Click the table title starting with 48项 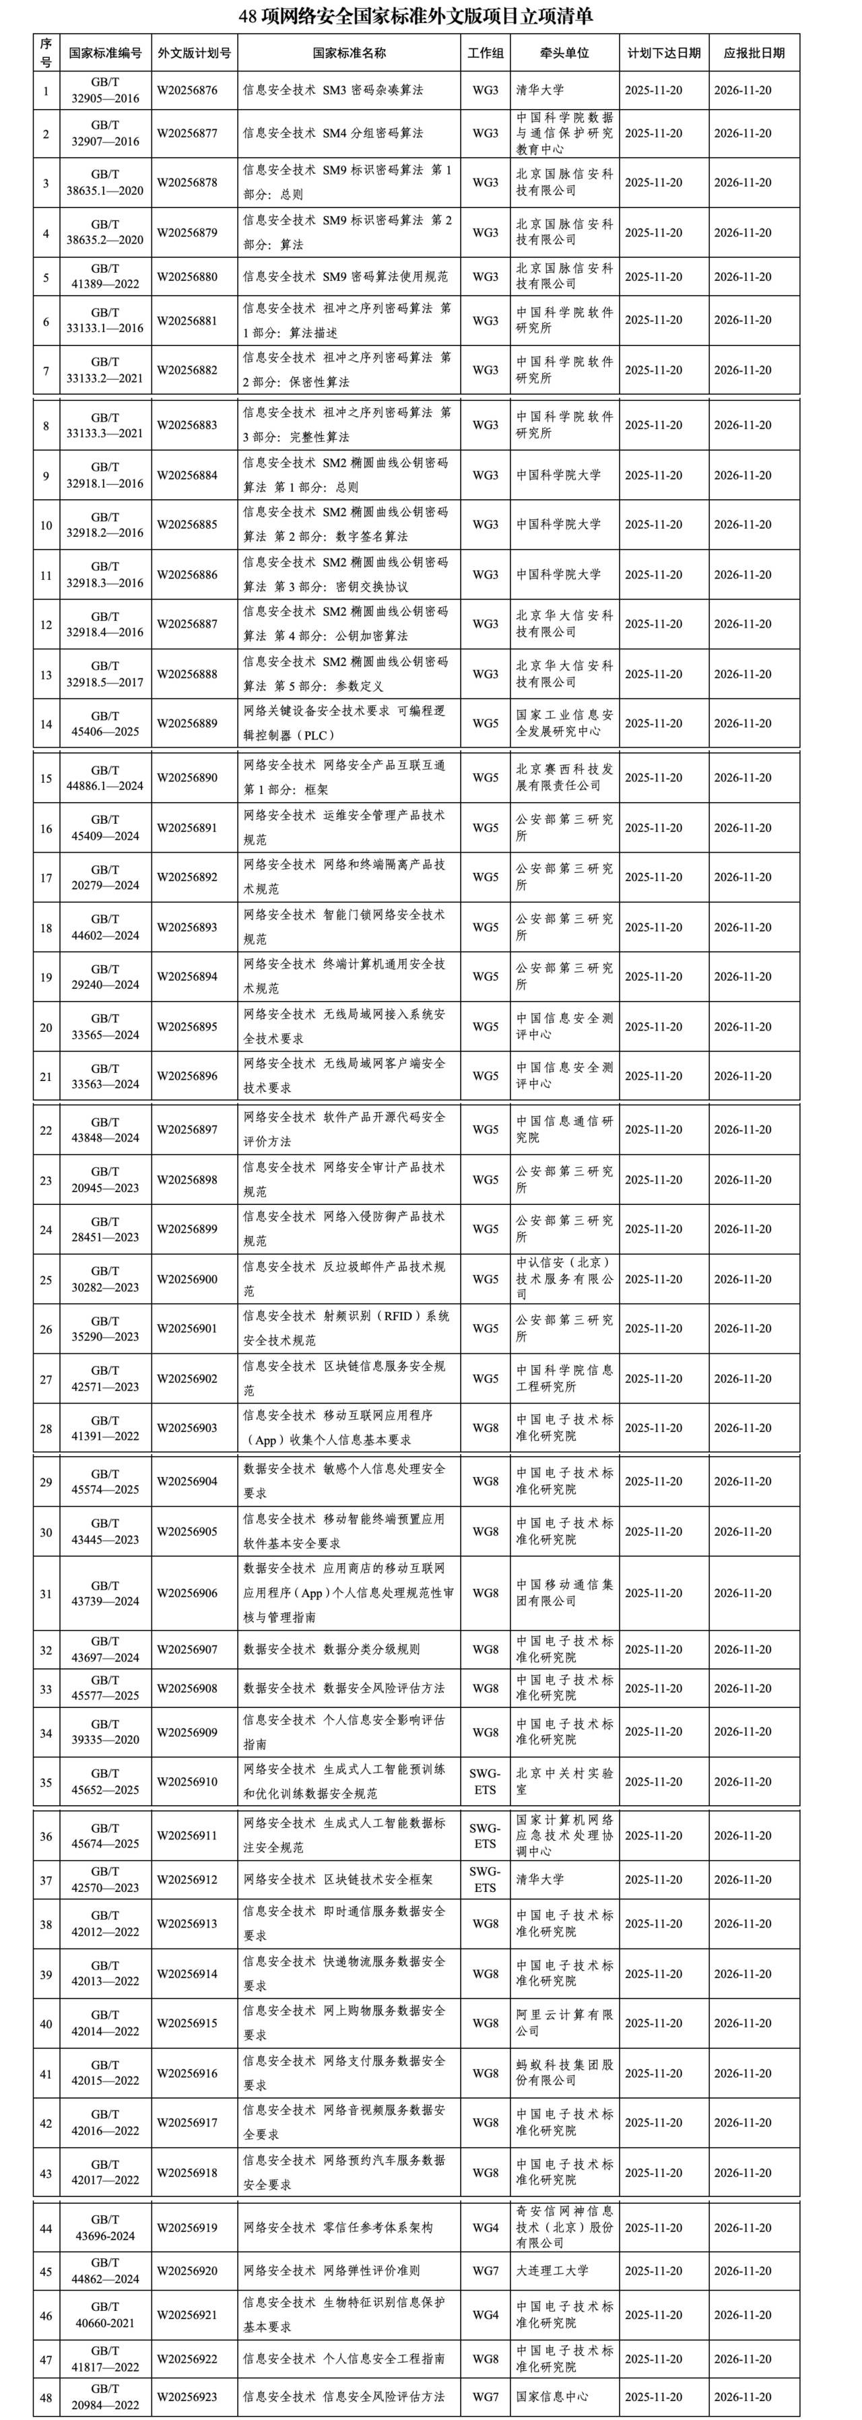(x=430, y=16)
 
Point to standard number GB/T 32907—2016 (x=105, y=133)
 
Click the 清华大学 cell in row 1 (x=540, y=90)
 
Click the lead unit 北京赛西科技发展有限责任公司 (x=564, y=778)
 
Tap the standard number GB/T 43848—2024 (x=105, y=1130)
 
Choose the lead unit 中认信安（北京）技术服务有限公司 (x=564, y=1278)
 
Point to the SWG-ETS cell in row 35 (x=484, y=1782)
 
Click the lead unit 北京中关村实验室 (x=564, y=1782)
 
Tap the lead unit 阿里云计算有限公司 (x=564, y=2023)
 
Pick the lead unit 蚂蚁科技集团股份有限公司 (x=564, y=2073)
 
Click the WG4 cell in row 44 (x=484, y=2227)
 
